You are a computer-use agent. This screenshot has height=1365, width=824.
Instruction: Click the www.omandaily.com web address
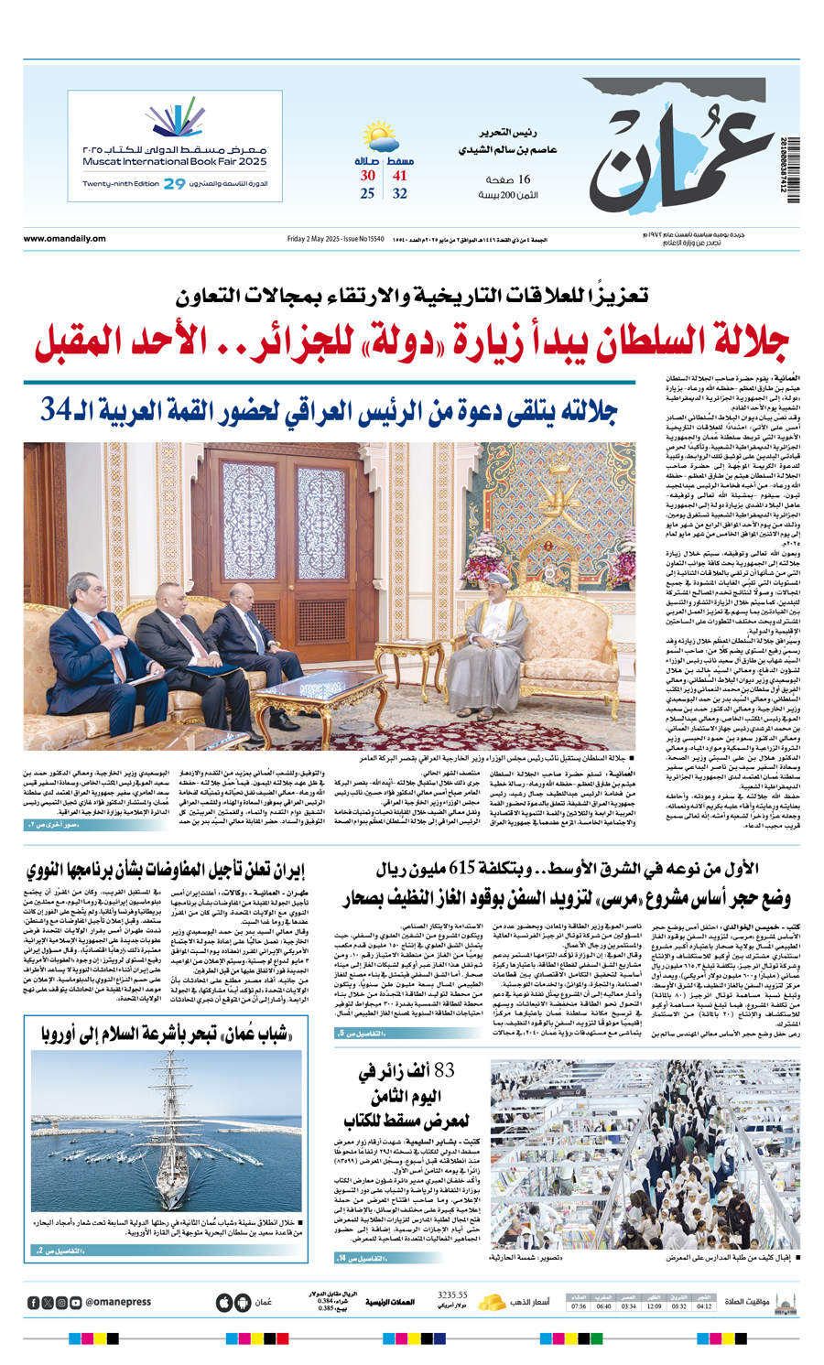pyautogui.click(x=64, y=239)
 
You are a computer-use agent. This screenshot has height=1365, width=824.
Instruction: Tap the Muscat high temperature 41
pyautogui.click(x=400, y=176)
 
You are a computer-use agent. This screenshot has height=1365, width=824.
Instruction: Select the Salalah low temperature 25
pyautogui.click(x=367, y=194)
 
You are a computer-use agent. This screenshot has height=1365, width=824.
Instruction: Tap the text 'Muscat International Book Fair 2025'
pyautogui.click(x=174, y=161)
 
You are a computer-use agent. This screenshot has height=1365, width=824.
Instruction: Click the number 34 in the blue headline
pyautogui.click(x=54, y=410)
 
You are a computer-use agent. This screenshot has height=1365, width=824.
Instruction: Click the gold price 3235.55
pyautogui.click(x=452, y=1295)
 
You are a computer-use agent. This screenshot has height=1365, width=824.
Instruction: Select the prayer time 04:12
pyautogui.click(x=704, y=1305)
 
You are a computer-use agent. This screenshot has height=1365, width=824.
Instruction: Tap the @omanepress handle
pyautogui.click(x=118, y=1302)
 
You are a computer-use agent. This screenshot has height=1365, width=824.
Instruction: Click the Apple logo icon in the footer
pyautogui.click(x=222, y=1302)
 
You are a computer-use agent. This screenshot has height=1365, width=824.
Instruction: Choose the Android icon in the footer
pyautogui.click(x=242, y=1302)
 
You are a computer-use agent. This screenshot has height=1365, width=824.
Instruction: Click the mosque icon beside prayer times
pyautogui.click(x=784, y=1301)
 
